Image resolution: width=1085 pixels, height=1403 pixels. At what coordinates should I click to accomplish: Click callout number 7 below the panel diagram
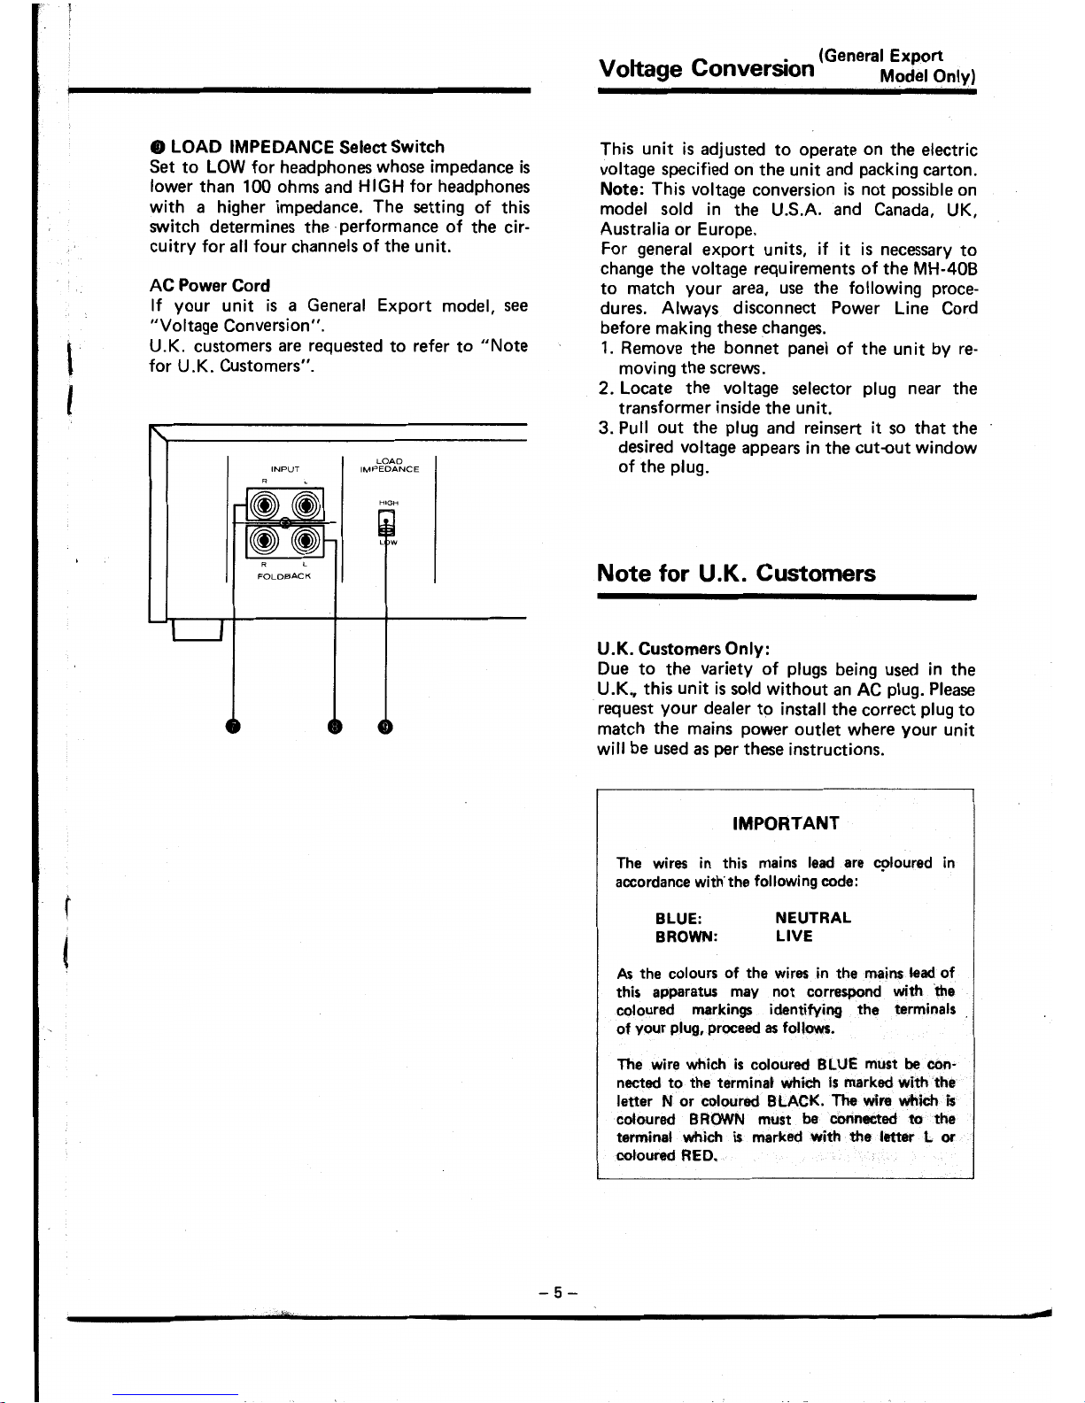234,727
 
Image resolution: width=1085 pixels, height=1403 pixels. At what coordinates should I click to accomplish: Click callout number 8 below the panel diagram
335,727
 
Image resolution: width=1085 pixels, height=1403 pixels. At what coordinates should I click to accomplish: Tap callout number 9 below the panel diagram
385,727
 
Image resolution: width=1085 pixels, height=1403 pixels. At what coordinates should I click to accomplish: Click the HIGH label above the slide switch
386,502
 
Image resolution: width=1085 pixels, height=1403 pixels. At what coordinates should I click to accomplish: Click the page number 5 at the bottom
558,1292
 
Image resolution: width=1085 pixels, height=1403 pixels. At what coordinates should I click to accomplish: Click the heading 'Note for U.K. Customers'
737,574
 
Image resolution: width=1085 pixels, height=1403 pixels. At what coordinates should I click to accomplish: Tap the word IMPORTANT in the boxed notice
786,823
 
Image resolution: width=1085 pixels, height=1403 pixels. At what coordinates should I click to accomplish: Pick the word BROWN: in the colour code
686,937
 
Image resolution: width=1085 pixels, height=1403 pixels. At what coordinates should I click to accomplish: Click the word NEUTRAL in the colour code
813,918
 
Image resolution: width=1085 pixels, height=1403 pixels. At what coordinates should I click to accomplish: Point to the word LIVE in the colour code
794,937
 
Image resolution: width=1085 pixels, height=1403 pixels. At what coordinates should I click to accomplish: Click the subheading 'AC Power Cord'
210,286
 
